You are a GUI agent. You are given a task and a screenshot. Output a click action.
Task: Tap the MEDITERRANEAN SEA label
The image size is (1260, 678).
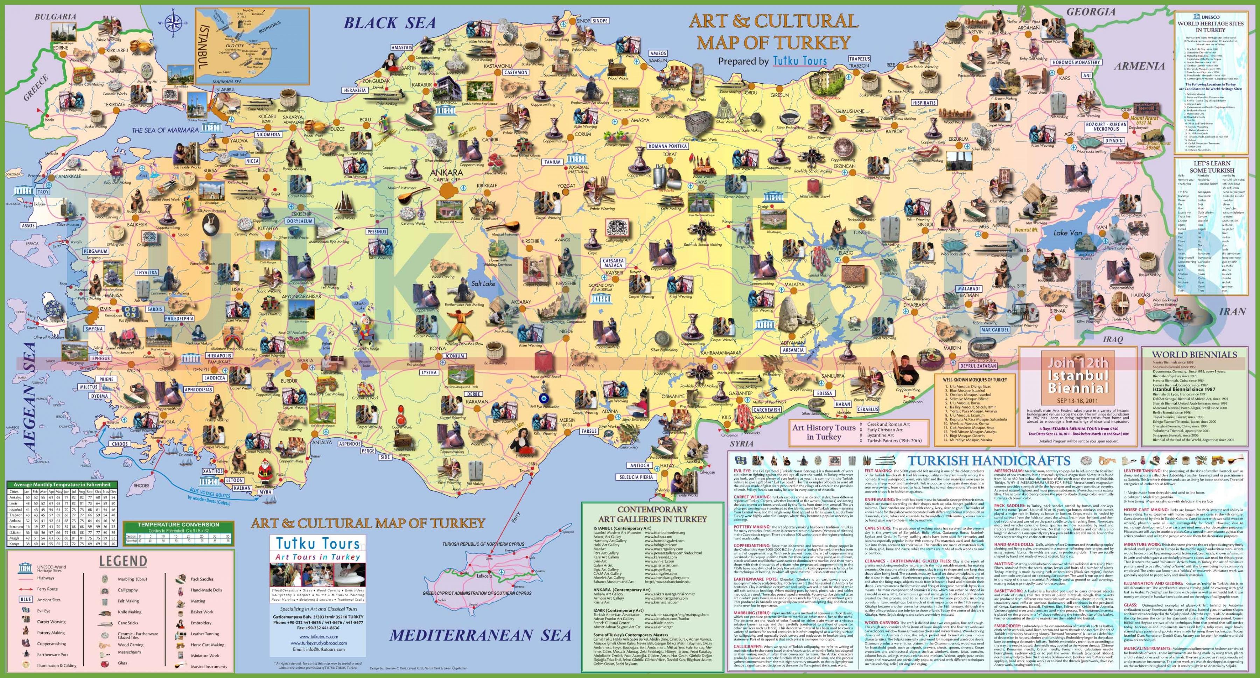tap(480, 635)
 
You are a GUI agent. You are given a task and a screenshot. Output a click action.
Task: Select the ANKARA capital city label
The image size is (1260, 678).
tap(446, 173)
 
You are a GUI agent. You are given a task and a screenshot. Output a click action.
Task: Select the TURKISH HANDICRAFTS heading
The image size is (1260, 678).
tap(989, 460)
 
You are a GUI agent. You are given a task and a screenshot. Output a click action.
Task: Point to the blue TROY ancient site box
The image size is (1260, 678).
tap(43, 192)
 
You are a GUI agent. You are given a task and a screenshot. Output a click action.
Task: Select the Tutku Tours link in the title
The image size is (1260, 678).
tap(800, 61)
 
